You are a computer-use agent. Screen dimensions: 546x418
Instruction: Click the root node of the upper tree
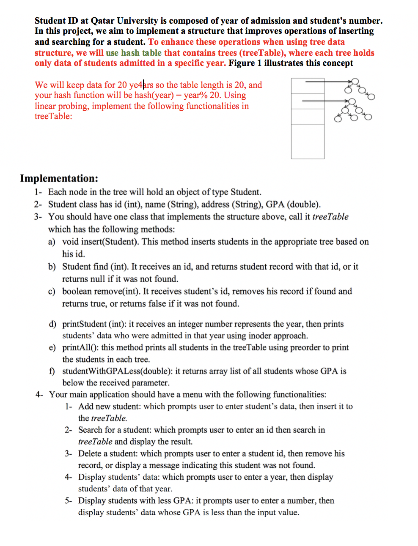pyautogui.click(x=355, y=81)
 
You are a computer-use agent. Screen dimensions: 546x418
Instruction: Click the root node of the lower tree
pyautogui.click(x=351, y=101)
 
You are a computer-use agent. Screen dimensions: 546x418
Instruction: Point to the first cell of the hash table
pyautogui.click(x=308, y=86)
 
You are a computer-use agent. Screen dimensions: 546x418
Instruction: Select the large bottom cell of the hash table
pyautogui.click(x=308, y=142)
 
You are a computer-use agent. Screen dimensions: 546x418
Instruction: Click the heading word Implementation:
pyautogui.click(x=59, y=178)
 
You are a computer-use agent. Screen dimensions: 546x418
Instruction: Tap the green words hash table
pyautogui.click(x=141, y=53)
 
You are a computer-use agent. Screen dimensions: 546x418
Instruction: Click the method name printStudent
pyautogui.click(x=84, y=324)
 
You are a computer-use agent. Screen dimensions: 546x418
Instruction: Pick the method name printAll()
pyautogui.click(x=80, y=347)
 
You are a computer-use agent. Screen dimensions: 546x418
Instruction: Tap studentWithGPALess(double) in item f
pyautogui.click(x=117, y=371)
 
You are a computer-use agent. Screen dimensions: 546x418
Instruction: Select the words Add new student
pyautogui.click(x=109, y=407)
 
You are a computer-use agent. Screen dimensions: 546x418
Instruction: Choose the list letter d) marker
pyautogui.click(x=52, y=324)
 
